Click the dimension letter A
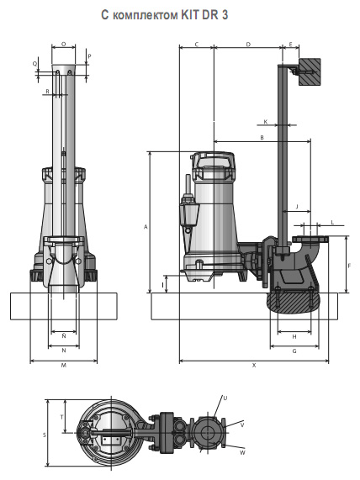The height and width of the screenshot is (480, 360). [146, 227]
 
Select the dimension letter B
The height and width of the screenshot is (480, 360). [262, 138]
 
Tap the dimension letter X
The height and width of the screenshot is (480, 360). [254, 365]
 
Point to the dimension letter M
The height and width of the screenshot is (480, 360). [64, 365]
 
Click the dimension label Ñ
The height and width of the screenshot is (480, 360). [64, 335]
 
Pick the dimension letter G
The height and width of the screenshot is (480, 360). [294, 351]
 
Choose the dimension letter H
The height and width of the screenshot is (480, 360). [294, 337]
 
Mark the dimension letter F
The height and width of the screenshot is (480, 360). [349, 266]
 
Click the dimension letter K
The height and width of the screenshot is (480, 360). [266, 122]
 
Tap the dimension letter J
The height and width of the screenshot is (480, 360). [297, 206]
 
